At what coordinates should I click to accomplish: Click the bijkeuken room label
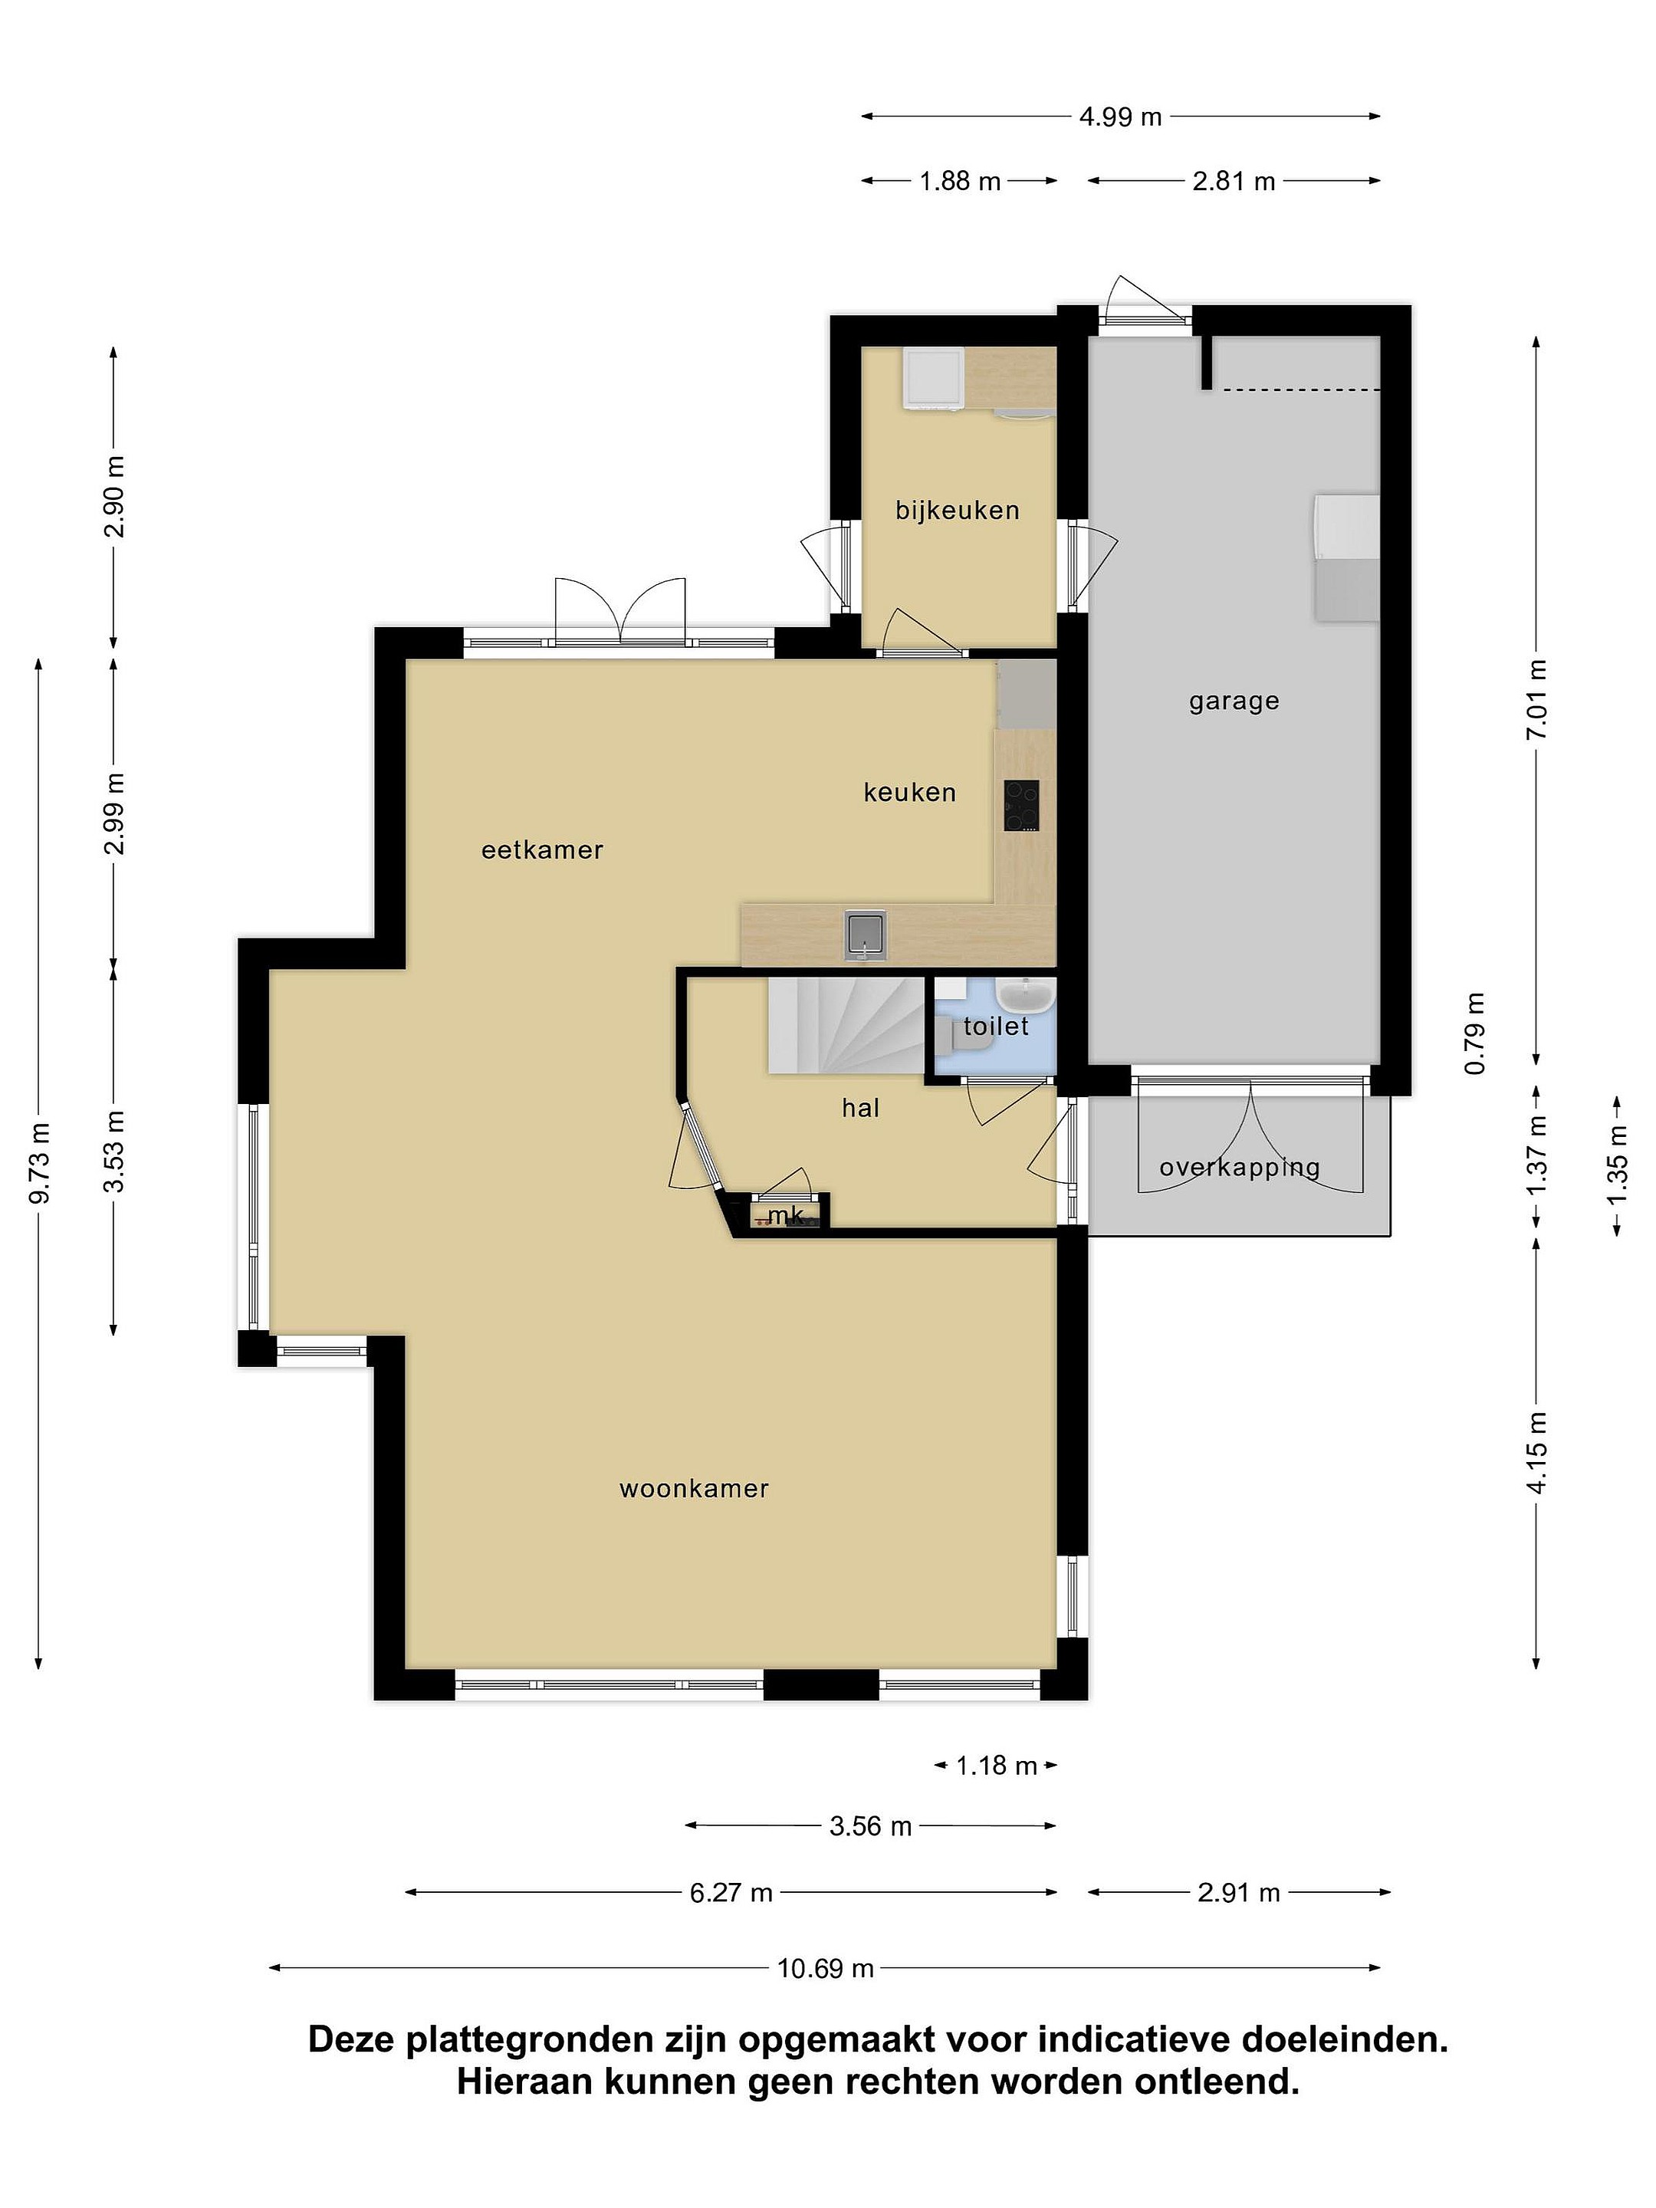958,511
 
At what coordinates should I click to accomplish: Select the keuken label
909,793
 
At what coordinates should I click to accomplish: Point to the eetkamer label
542,850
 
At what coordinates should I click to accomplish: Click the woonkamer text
694,1490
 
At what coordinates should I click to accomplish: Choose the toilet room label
995,1026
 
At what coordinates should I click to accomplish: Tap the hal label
860,1108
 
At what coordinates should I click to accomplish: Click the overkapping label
1239,1168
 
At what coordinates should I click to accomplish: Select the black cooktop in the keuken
1022,806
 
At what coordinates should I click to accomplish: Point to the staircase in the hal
846,1026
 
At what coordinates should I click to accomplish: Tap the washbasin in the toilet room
1025,995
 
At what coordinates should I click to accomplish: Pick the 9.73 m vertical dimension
40,1163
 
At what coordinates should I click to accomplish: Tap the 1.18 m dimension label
996,1766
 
